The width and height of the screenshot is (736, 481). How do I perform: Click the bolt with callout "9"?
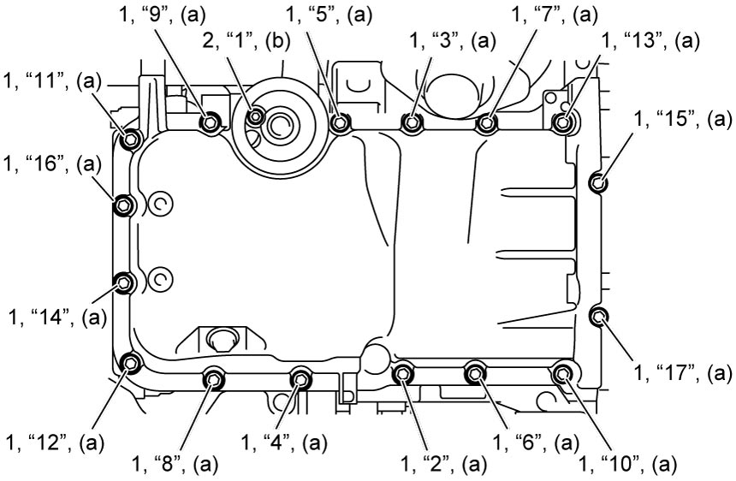(210, 123)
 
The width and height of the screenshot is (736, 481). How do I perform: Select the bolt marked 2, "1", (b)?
(256, 116)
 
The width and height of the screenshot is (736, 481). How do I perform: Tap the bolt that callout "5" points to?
(340, 123)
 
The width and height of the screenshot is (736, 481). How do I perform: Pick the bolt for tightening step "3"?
(412, 123)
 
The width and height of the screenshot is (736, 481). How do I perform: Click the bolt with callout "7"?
(487, 123)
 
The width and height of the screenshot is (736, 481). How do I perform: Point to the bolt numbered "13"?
(562, 122)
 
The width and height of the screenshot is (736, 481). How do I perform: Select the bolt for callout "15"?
(597, 181)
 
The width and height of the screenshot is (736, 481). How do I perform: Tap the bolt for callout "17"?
(598, 317)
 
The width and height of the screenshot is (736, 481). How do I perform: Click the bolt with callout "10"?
(561, 373)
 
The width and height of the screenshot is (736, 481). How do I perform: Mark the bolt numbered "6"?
(475, 373)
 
